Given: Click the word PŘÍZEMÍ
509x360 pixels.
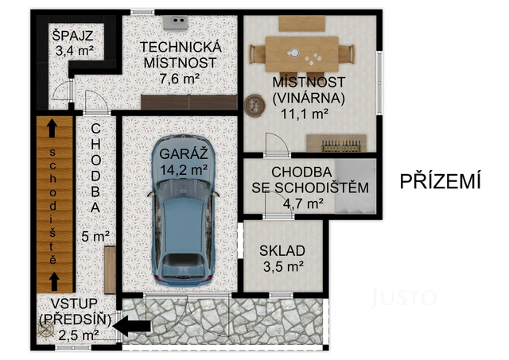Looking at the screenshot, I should coord(441,182).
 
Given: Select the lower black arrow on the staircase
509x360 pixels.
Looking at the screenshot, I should coord(52,279).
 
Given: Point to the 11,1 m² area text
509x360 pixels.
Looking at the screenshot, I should coord(300,114).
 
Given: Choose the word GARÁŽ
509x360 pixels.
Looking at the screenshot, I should coord(182,153).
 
